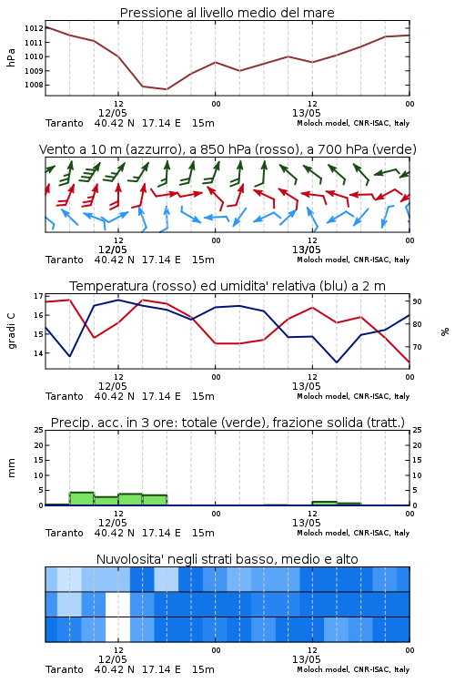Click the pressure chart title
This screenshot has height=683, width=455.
227,13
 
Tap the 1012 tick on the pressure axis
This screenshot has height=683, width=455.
34,28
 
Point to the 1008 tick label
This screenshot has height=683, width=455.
34,85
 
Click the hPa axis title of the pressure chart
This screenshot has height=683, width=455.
11,57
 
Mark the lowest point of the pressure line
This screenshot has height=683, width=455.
167,89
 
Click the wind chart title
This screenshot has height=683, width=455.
227,149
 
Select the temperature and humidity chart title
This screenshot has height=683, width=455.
227,286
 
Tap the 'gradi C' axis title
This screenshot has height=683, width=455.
11,331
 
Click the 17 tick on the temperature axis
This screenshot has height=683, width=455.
38,296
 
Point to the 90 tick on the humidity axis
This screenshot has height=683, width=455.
417,301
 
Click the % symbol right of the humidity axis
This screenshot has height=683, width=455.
445,331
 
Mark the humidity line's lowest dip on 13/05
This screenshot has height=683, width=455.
337,362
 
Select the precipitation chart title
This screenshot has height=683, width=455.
227,423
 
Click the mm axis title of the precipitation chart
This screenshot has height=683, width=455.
11,468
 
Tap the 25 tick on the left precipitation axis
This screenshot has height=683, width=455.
38,430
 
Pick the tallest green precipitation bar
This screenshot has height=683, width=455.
82,499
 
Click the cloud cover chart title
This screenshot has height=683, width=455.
227,559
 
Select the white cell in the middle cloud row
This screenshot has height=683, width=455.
118,604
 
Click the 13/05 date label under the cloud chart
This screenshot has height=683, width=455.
306,659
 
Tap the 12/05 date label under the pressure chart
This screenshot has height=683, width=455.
112,113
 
